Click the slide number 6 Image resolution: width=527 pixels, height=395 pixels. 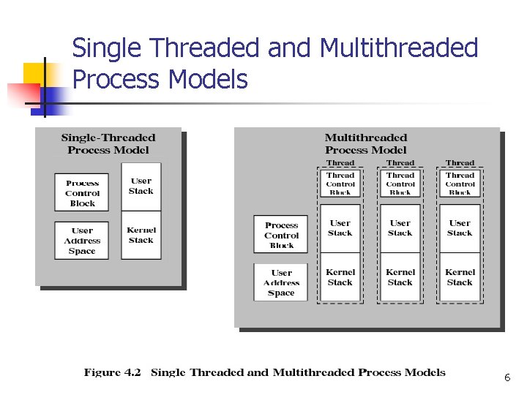pos(507,378)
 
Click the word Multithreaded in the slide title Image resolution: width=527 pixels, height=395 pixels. pos(399,48)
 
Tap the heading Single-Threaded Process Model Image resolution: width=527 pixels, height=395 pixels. pos(108,143)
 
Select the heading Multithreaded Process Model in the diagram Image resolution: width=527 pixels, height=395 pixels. pos(366,143)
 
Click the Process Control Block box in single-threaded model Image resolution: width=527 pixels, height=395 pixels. pos(82,193)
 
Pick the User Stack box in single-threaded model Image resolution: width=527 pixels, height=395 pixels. pos(141,187)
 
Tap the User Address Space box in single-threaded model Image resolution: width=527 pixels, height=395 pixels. pos(82,241)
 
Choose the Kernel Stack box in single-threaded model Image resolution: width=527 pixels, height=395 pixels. pos(141,236)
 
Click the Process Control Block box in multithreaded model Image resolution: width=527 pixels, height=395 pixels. pos(281,236)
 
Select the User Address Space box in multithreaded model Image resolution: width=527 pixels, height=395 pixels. pos(281,283)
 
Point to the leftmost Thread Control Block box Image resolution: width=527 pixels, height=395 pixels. pos(340,184)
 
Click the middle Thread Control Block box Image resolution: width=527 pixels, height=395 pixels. pos(400,184)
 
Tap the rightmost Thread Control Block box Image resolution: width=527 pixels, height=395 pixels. pos(460,184)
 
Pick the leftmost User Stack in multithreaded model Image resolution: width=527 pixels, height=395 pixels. pos(340,228)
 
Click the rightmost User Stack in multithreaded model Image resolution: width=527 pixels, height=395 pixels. pos(460,228)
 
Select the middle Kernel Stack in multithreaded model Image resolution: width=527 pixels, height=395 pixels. pos(400,277)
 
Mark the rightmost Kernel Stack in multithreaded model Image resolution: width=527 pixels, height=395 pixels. pos(460,277)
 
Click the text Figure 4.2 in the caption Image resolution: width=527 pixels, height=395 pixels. pos(112,372)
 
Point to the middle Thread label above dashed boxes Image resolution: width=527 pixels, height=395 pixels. pos(400,162)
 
